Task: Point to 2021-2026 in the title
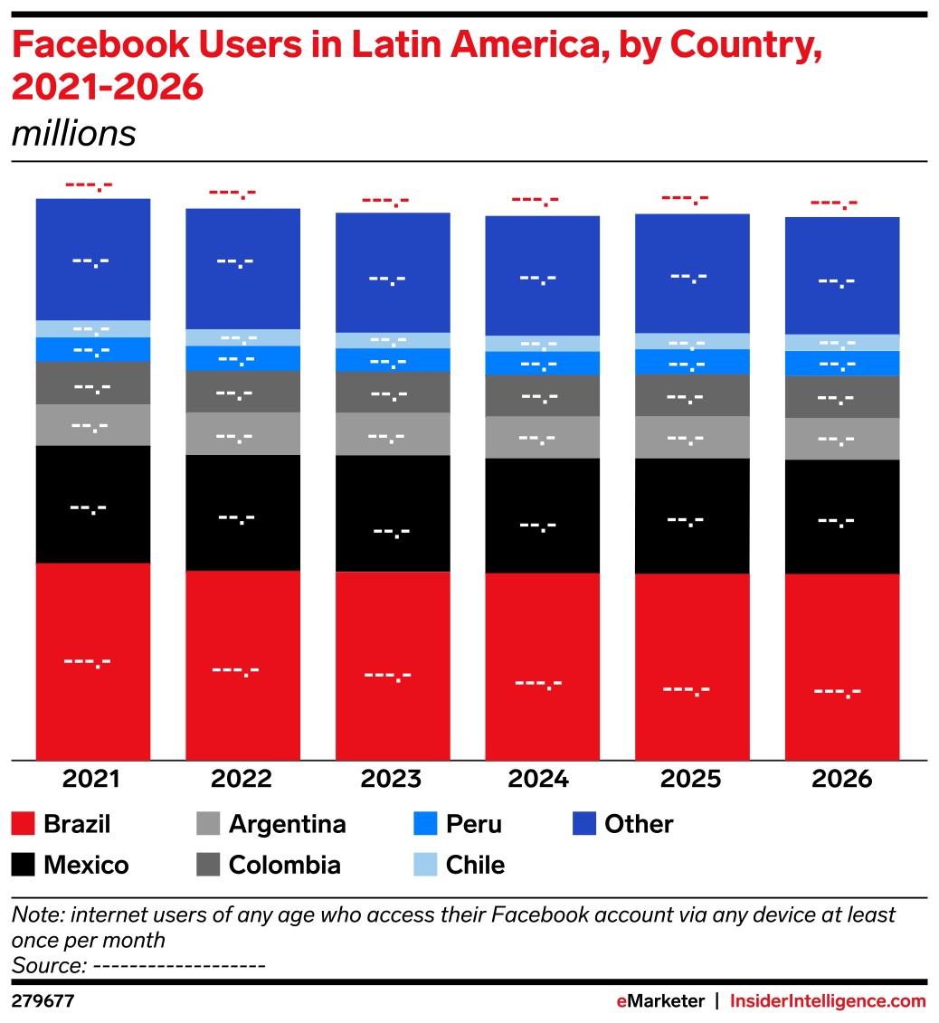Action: coord(108,88)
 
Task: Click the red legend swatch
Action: coord(24,823)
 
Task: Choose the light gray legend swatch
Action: coord(208,823)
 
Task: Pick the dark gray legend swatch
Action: coord(208,865)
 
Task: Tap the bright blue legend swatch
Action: coord(425,823)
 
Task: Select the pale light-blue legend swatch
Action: coord(425,865)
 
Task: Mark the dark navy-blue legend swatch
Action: coord(584,823)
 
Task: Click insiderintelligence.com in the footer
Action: coord(828,1001)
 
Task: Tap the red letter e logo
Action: coord(621,1001)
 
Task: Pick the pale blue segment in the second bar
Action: coord(242,337)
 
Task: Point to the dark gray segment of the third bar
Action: coord(393,393)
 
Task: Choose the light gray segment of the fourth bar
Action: coord(542,438)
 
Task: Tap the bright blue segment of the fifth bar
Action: coord(692,362)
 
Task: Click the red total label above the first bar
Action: coord(89,186)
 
